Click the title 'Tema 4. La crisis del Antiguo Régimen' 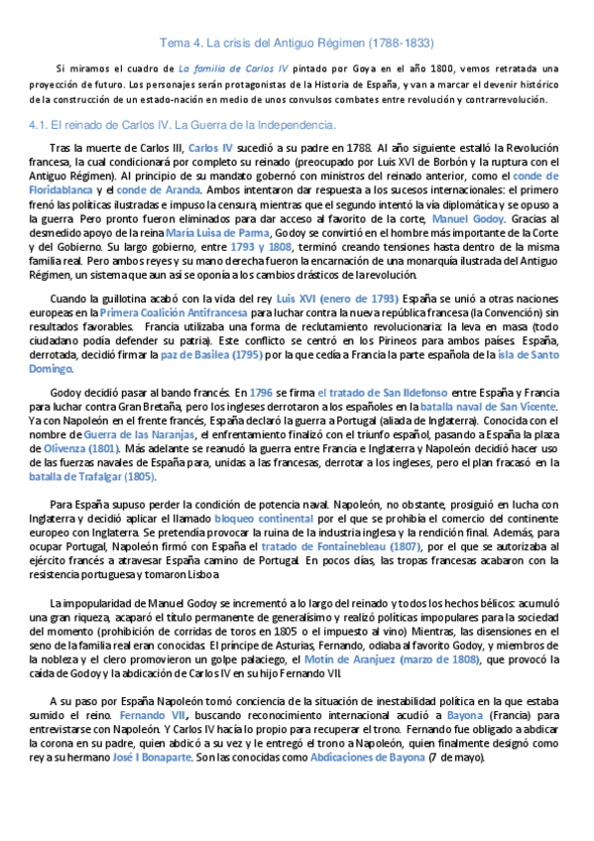coord(296,44)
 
